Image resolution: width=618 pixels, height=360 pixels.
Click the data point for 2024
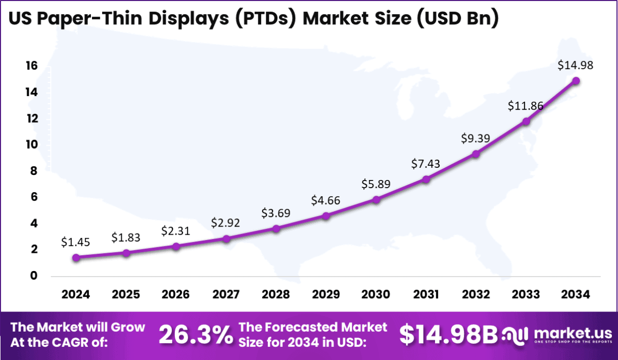[x=76, y=257]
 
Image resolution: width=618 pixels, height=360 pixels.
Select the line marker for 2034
[x=576, y=80]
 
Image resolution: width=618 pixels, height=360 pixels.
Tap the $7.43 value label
[x=425, y=163]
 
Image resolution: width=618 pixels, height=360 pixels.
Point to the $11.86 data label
[x=526, y=106]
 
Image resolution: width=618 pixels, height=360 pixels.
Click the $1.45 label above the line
[x=76, y=242]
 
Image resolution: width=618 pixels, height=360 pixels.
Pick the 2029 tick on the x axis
[x=326, y=294]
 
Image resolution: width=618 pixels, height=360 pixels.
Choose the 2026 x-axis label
[x=176, y=294]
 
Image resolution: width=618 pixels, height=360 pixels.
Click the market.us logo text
[x=573, y=333]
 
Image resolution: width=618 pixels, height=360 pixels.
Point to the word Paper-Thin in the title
[x=89, y=18]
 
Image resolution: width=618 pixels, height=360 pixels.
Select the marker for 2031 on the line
[x=426, y=179]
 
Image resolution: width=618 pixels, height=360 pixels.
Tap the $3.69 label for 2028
[x=276, y=213]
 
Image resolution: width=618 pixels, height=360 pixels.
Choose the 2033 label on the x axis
[x=526, y=294]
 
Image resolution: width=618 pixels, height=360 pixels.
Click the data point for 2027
[x=226, y=239]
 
